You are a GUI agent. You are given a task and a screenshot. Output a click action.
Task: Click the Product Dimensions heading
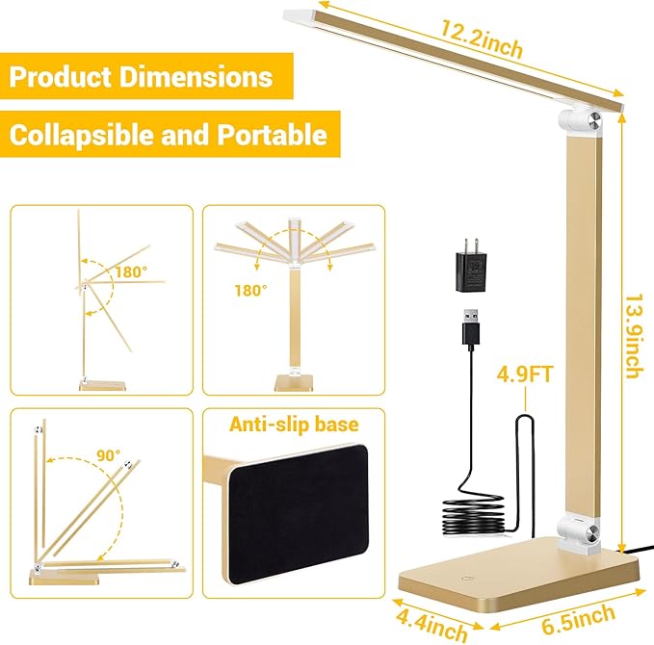pos(141,77)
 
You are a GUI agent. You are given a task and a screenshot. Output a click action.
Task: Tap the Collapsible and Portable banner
pos(168,134)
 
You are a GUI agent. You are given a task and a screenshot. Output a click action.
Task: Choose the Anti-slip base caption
pos(293,426)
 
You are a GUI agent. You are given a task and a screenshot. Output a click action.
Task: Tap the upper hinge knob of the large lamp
pos(579,124)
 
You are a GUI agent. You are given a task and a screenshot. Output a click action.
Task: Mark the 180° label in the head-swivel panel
pos(250,290)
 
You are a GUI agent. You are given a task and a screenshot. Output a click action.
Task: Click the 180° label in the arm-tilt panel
pos(130,272)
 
